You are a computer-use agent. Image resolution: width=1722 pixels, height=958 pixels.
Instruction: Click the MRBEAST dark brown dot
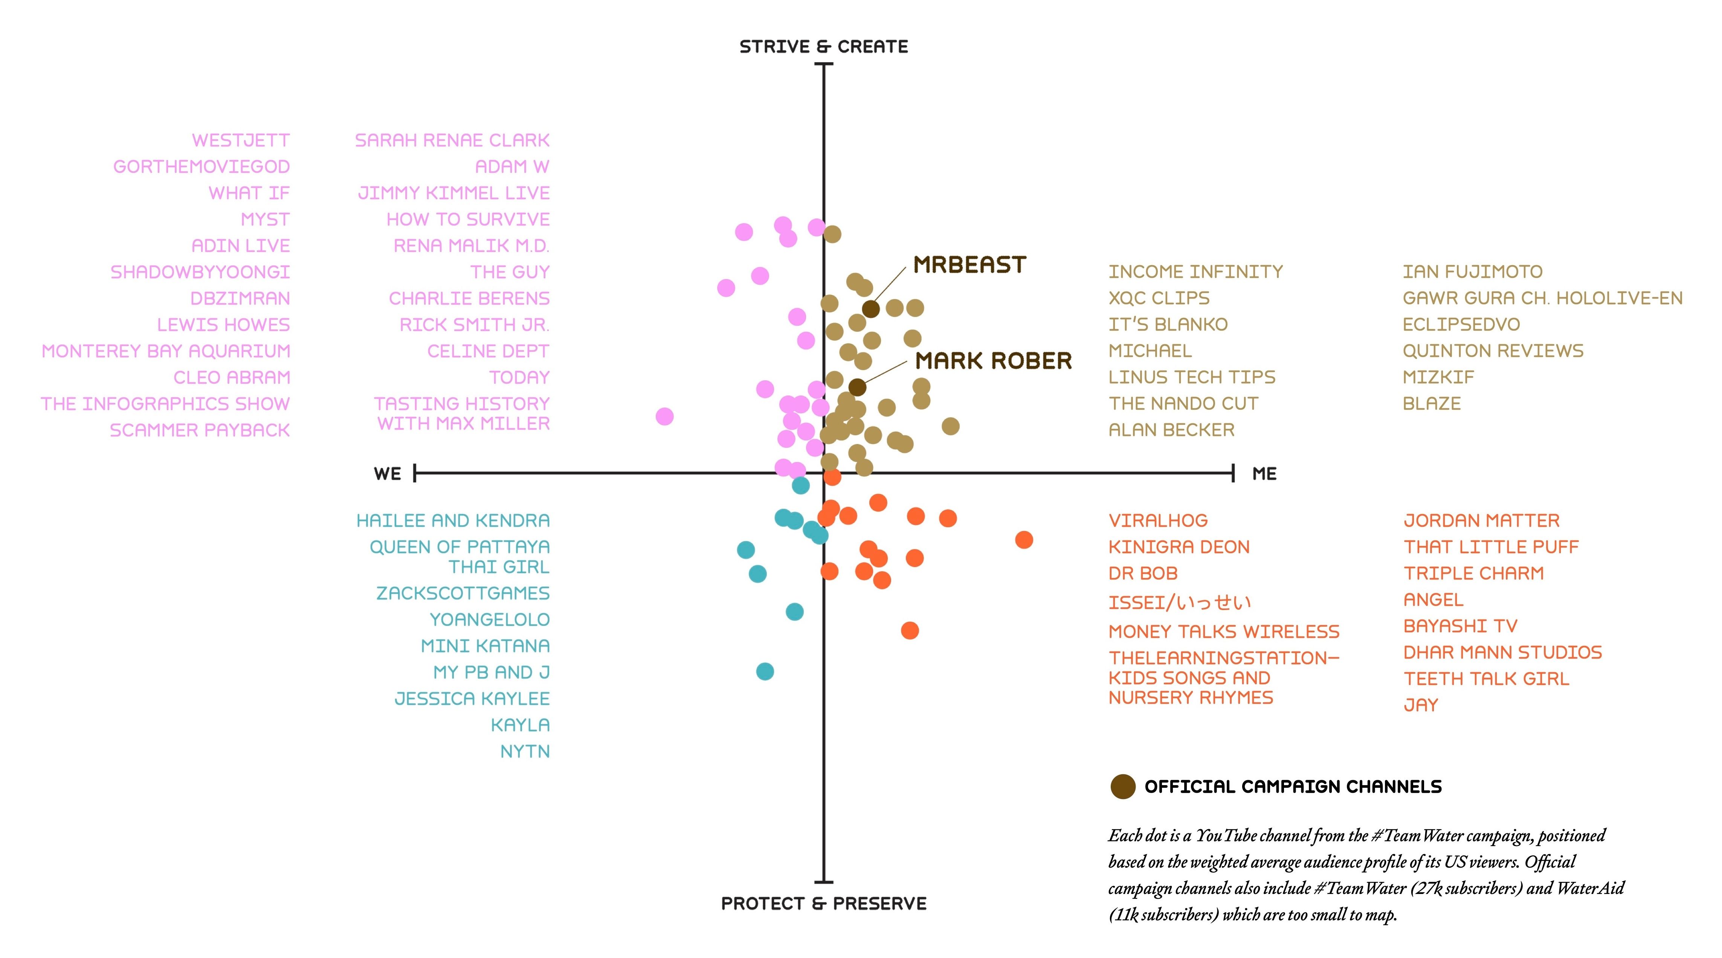(x=870, y=309)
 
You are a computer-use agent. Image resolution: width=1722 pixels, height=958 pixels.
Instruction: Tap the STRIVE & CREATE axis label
(x=824, y=47)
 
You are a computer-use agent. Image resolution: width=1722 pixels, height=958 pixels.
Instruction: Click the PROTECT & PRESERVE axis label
(x=824, y=904)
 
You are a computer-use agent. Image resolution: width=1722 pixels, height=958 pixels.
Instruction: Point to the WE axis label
(x=388, y=474)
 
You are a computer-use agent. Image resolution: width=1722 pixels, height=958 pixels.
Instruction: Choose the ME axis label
(x=1264, y=474)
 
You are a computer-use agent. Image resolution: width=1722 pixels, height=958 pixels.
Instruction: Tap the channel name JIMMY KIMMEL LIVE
(x=454, y=193)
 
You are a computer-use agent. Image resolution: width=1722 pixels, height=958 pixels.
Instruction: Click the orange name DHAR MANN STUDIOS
(x=1503, y=653)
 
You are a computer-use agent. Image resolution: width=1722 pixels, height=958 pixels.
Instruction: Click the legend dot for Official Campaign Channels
(x=1123, y=787)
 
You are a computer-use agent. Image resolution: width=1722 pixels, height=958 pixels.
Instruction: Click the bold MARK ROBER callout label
(x=993, y=361)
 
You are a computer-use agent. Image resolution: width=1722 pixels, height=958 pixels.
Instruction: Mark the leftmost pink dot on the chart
(x=664, y=416)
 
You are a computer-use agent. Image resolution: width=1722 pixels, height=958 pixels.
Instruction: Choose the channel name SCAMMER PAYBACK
(x=200, y=430)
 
